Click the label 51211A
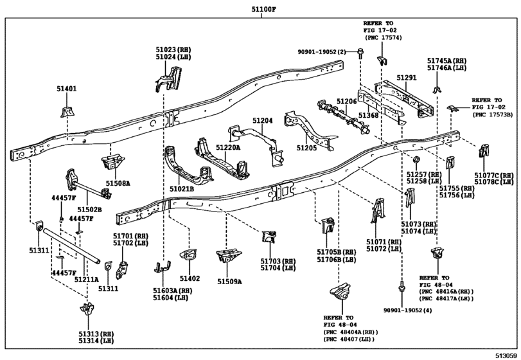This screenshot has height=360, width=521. point(85,280)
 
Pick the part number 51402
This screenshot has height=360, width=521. point(190,280)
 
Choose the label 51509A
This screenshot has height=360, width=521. point(228,281)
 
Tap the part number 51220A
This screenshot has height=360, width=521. point(227,147)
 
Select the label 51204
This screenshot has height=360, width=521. point(262,120)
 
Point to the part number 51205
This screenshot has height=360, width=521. point(307,147)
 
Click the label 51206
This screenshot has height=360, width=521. point(347,102)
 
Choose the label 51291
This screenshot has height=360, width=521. point(406,78)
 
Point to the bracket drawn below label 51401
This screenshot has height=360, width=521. point(66,112)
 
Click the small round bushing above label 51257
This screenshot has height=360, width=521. point(416,159)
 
